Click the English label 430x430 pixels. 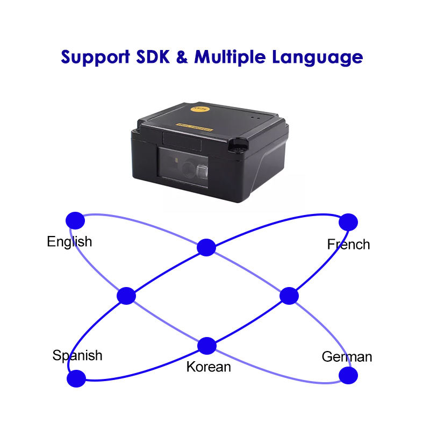[x=69, y=242]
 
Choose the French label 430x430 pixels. [x=348, y=245]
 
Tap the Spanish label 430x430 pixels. [x=77, y=355]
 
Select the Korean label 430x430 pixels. [x=209, y=367]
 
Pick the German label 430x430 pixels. [x=347, y=357]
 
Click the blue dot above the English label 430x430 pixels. [x=75, y=219]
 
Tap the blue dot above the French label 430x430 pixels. [x=348, y=221]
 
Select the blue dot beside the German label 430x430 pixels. [x=348, y=375]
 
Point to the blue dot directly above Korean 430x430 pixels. [x=207, y=346]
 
